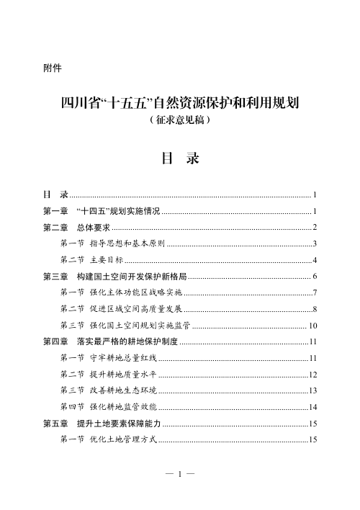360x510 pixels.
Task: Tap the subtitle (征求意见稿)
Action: pos(179,122)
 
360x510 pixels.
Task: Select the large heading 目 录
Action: pos(179,158)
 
